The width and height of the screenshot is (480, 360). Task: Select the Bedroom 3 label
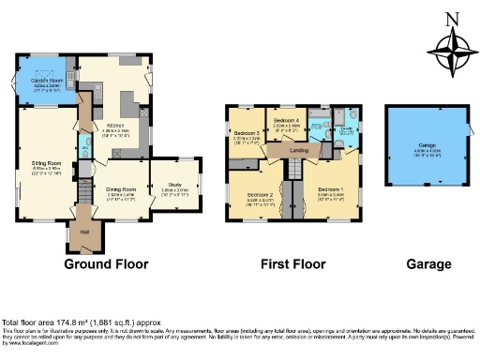point(246,137)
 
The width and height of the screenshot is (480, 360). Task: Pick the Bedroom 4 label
point(286,123)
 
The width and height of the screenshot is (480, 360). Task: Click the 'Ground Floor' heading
point(106,264)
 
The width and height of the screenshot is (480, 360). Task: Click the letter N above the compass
point(451,18)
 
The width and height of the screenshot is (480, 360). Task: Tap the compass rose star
point(451,51)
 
